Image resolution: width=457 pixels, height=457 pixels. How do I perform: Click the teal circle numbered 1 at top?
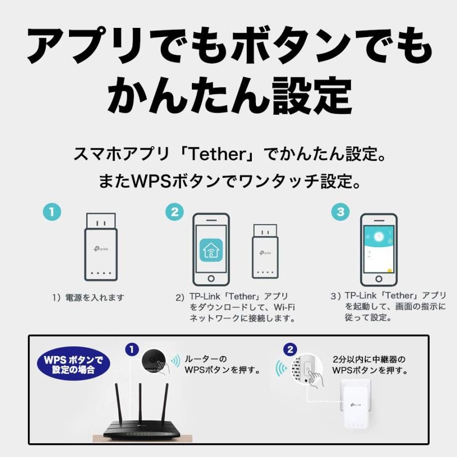point(52,211)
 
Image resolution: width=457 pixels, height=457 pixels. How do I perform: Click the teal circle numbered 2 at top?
point(175,212)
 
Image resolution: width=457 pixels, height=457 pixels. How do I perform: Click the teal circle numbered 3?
point(341,212)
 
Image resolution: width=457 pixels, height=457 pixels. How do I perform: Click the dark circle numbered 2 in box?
point(290,349)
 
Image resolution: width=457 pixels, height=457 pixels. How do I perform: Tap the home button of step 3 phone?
point(378,280)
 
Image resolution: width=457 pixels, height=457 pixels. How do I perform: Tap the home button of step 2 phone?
point(210,280)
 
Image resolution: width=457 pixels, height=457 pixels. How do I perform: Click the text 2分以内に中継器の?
point(370,359)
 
